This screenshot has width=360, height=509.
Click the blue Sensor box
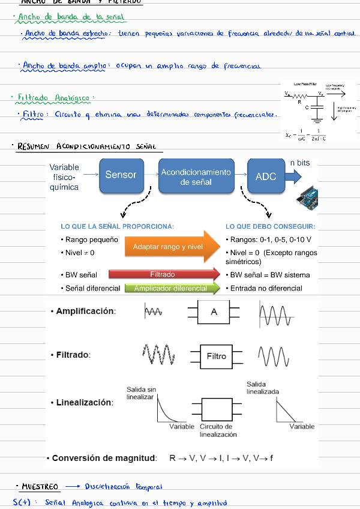pyautogui.click(x=121, y=175)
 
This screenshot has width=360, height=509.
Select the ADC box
pyautogui.click(x=266, y=176)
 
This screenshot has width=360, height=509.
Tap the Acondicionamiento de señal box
pyautogui.click(x=196, y=176)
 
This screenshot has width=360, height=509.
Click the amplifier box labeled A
pyautogui.click(x=214, y=312)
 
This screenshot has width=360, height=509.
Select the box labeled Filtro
pyautogui.click(x=216, y=357)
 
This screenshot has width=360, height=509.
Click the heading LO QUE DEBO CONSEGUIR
pyautogui.click(x=270, y=227)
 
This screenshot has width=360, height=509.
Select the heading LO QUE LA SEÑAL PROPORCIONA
pyautogui.click(x=117, y=227)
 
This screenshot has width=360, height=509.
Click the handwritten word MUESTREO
pyautogui.click(x=40, y=486)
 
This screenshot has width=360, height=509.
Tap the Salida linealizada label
pyautogui.click(x=262, y=387)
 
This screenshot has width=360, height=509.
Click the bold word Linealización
pyautogui.click(x=84, y=402)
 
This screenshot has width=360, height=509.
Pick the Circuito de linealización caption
pyautogui.click(x=218, y=430)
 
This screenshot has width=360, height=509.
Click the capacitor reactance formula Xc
pyautogui.click(x=306, y=134)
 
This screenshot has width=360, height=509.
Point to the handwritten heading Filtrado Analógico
pyautogui.click(x=53, y=97)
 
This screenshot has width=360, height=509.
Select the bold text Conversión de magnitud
pyautogui.click(x=104, y=458)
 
